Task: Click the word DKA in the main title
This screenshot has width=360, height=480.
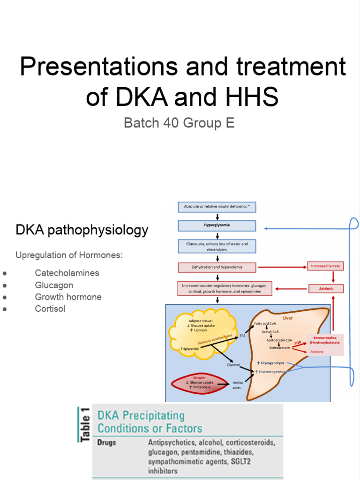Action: pyautogui.click(x=137, y=97)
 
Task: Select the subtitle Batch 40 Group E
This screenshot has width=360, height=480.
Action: pyautogui.click(x=179, y=123)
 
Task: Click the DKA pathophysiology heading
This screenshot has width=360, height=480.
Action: pyautogui.click(x=82, y=230)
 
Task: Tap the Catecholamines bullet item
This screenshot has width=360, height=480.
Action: pyautogui.click(x=67, y=273)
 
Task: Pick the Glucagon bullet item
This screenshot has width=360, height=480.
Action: pyautogui.click(x=54, y=285)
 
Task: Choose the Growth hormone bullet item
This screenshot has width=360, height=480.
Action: pyautogui.click(x=68, y=297)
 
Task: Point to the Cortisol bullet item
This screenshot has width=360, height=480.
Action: pyautogui.click(x=50, y=309)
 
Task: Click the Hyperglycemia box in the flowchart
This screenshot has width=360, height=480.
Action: pyautogui.click(x=217, y=226)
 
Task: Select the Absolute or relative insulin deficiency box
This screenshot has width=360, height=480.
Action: pyautogui.click(x=217, y=207)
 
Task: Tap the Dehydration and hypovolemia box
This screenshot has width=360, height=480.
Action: pyautogui.click(x=217, y=268)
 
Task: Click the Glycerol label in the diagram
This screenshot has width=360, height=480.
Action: pyautogui.click(x=233, y=365)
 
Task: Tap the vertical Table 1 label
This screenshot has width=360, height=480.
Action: pyautogui.click(x=85, y=424)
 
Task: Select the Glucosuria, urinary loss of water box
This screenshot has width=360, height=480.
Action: pyautogui.click(x=217, y=247)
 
